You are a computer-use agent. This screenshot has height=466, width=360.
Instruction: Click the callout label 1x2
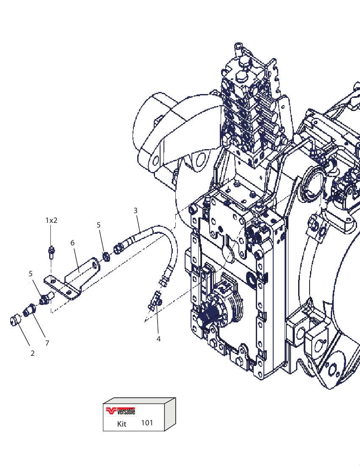pyautogui.click(x=51, y=221)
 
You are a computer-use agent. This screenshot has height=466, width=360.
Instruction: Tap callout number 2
pyautogui.click(x=32, y=353)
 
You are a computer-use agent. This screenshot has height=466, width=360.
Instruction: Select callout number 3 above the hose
pyautogui.click(x=136, y=211)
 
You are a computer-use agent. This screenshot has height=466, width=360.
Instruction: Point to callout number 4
pyautogui.click(x=158, y=339)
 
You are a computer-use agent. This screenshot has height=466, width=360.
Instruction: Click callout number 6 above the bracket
pyautogui.click(x=72, y=243)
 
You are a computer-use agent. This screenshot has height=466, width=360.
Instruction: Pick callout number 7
pyautogui.click(x=47, y=343)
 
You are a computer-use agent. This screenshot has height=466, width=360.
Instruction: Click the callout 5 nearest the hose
pyautogui.click(x=99, y=225)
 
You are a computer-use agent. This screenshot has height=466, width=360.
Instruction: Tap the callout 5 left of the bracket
pyautogui.click(x=30, y=274)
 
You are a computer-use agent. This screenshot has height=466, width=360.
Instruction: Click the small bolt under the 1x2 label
pyautogui.click(x=51, y=252)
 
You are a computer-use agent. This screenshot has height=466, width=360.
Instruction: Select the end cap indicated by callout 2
pyautogui.click(x=15, y=321)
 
